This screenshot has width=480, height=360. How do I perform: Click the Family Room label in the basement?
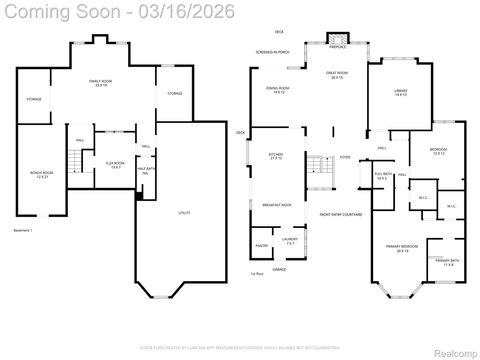99,81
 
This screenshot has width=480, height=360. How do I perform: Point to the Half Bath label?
144,170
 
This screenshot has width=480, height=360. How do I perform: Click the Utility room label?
184,213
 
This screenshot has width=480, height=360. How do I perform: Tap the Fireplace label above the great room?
338,47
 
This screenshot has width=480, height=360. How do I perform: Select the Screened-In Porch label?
271,52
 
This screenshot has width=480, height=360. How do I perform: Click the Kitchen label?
276,156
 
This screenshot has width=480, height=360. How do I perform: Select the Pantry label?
262,244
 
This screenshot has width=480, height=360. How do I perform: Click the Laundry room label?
289,240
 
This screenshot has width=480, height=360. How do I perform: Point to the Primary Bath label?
448,263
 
